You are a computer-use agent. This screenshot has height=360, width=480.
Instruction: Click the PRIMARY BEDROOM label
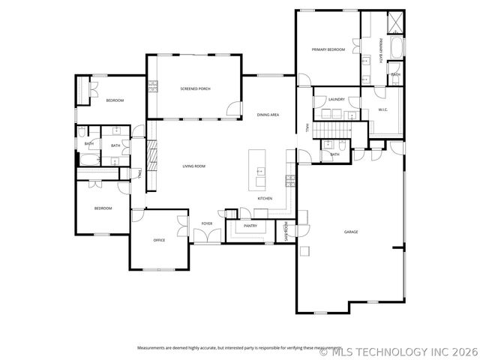(328, 49)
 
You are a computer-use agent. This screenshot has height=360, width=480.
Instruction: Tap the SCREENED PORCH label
(195, 88)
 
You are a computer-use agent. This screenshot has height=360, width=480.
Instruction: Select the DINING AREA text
(268, 115)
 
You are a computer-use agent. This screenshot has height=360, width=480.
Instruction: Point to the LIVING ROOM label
(194, 166)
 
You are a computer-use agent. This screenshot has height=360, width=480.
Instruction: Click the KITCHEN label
(265, 198)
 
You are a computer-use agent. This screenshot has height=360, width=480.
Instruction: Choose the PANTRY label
(250, 225)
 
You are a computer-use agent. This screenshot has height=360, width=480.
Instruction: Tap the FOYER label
(206, 224)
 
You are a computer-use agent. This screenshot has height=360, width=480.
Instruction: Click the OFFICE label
(159, 240)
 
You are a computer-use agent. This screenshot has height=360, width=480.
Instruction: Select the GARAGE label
(350, 232)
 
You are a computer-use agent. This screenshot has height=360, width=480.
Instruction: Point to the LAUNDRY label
(336, 99)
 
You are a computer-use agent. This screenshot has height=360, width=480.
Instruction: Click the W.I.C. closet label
(382, 110)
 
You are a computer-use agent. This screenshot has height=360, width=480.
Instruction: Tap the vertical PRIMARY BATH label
(380, 49)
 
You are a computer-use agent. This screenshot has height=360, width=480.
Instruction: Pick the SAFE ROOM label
(286, 232)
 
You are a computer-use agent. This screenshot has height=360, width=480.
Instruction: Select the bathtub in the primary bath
(397, 49)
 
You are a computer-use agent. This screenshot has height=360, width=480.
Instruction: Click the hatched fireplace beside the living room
(148, 156)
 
